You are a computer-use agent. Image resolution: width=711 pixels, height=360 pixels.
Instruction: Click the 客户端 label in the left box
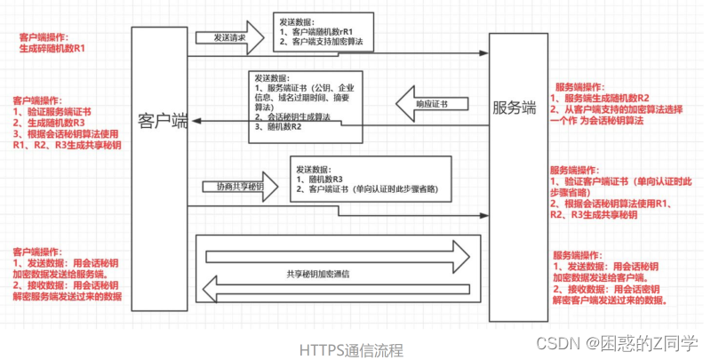point(163,121)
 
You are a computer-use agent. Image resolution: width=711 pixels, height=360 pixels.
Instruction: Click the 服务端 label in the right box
point(515,108)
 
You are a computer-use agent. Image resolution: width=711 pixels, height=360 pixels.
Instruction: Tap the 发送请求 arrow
point(228,38)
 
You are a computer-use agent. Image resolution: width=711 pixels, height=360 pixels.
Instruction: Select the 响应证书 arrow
point(430,104)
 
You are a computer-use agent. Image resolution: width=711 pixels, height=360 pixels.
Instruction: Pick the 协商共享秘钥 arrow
point(239,188)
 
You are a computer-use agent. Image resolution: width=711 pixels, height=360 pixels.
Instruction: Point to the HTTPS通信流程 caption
point(351,350)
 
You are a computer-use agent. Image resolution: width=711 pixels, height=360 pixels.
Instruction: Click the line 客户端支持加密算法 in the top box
point(328,43)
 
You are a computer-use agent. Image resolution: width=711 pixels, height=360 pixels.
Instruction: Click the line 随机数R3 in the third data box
point(324,179)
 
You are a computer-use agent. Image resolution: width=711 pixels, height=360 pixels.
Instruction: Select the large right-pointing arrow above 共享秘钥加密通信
point(338,255)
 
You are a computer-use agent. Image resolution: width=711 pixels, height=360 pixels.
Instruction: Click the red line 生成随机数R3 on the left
point(50,123)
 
